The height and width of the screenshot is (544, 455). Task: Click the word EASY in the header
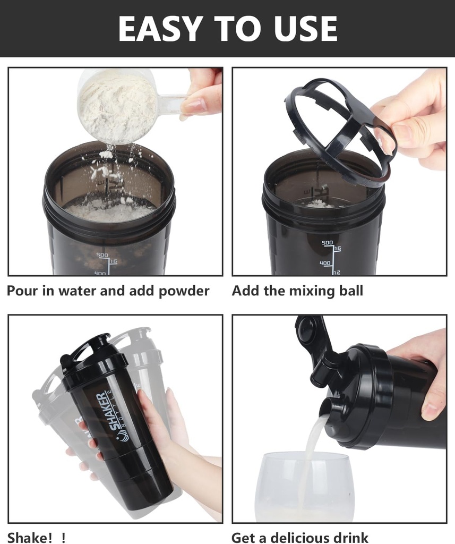(160, 28)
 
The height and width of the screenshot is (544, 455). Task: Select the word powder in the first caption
(184, 291)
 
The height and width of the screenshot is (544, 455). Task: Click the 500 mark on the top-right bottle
(327, 242)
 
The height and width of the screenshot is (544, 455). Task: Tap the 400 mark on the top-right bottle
(325, 263)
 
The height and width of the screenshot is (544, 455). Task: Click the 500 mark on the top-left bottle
(102, 255)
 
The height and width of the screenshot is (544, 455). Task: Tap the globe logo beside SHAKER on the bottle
(123, 436)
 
